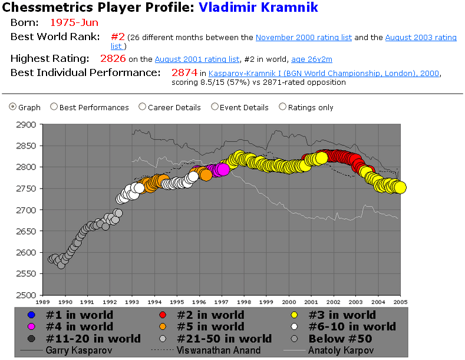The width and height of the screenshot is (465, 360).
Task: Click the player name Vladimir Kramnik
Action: [258, 8]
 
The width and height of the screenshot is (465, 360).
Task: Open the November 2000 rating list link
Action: [304, 37]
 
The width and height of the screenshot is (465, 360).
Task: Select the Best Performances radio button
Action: [54, 107]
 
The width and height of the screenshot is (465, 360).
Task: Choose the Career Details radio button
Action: [142, 107]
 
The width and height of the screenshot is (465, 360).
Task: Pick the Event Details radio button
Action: [215, 107]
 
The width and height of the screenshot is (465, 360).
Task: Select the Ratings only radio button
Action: [282, 107]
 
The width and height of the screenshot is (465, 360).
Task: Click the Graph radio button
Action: [13, 107]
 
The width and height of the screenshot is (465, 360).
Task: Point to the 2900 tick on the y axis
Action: [26, 125]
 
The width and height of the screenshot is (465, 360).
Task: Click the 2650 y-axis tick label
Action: [26, 232]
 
